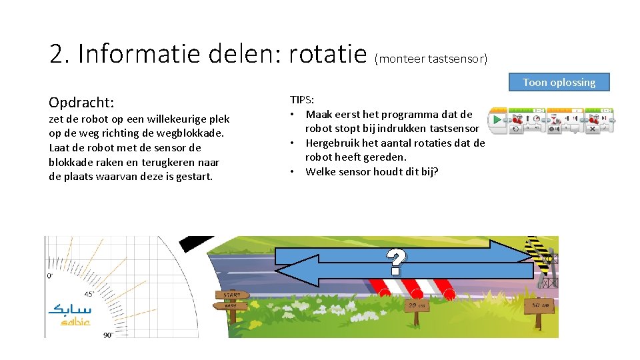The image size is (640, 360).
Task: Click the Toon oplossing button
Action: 559,82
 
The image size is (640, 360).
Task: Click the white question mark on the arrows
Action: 396,262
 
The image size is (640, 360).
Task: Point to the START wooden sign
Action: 232,295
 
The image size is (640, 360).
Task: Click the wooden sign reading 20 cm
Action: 417,305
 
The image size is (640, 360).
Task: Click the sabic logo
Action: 70,315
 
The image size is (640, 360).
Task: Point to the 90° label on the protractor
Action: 108,335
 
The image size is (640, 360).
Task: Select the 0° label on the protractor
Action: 50,275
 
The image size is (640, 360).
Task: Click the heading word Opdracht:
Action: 81,103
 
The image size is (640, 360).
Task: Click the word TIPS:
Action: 302,99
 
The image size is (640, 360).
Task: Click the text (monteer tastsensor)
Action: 431,59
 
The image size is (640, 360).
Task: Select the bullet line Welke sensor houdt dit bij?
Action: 372,171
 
